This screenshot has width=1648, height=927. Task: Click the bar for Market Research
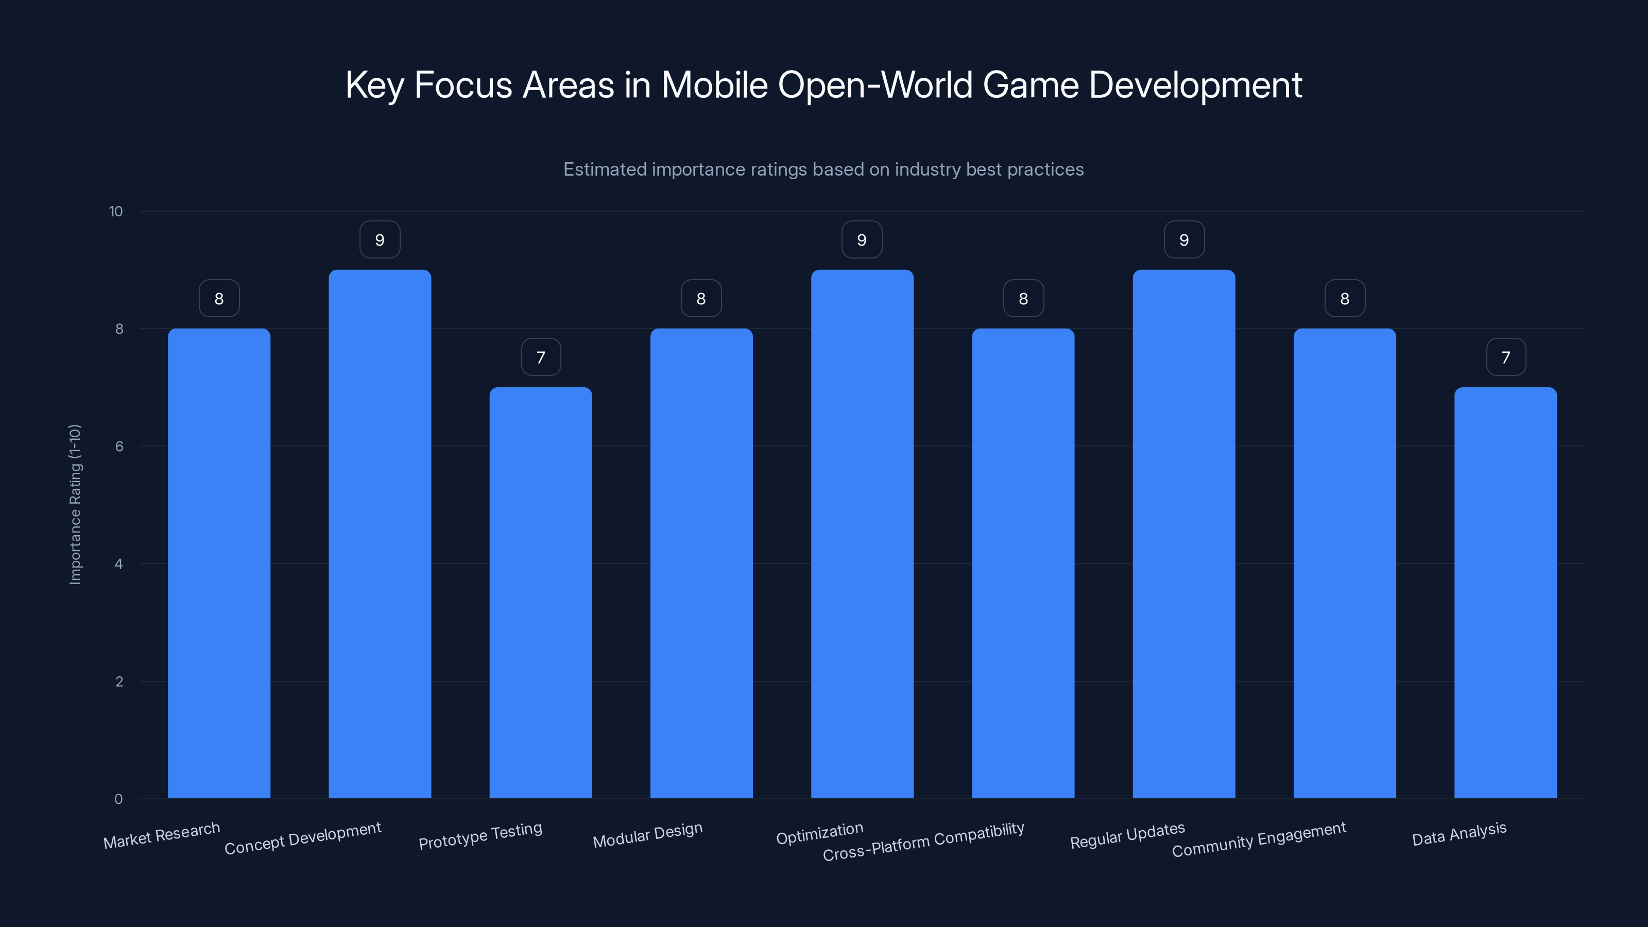tap(219, 563)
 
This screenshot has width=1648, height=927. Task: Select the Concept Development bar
tap(380, 534)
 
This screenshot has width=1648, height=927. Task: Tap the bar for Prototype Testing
tap(541, 592)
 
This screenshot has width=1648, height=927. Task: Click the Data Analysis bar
tap(1505, 592)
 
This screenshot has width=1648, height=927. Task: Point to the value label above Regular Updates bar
tap(1183, 240)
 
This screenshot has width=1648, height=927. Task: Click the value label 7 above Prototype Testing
tap(541, 357)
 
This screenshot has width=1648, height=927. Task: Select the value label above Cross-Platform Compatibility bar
tap(1023, 299)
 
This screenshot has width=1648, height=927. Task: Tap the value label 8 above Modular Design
tap(701, 299)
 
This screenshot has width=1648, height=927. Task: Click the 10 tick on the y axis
tap(116, 212)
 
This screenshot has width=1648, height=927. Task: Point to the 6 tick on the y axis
tap(119, 447)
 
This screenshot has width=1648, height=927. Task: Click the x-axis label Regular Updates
tap(1127, 835)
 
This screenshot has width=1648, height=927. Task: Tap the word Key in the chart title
tap(374, 85)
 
